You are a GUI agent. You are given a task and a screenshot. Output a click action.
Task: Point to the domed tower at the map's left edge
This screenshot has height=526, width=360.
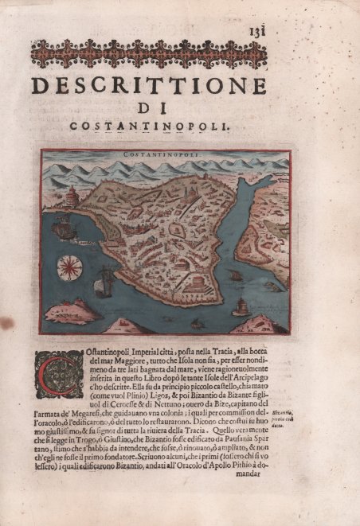coord(72,194)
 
